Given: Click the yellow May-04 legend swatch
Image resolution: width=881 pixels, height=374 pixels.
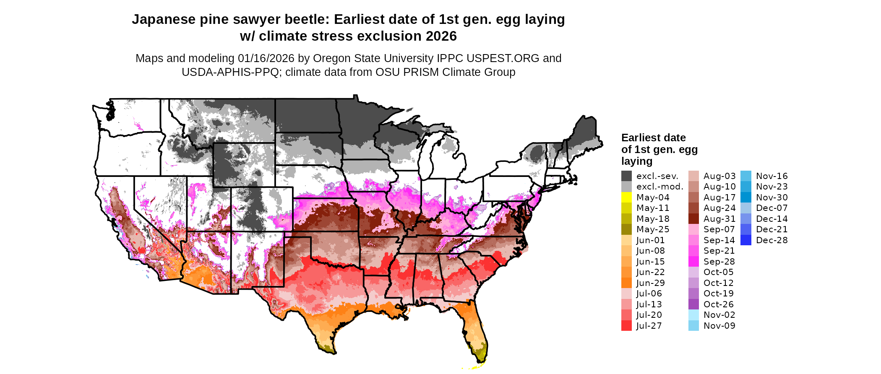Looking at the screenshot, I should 626,197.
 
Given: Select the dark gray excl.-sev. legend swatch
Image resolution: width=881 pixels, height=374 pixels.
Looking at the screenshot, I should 626,176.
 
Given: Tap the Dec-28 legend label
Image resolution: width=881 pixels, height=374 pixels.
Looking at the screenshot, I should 772,240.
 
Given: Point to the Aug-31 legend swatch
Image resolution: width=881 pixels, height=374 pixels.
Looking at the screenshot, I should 693,219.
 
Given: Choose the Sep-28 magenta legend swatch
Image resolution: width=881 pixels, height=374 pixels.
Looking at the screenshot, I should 693,262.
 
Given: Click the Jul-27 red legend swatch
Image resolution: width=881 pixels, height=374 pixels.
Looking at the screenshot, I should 626,326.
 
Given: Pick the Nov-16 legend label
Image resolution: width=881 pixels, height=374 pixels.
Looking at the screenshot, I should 772,176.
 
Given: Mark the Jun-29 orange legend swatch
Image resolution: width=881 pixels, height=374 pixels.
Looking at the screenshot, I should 626,283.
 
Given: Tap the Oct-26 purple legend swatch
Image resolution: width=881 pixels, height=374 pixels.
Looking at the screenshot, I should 693,304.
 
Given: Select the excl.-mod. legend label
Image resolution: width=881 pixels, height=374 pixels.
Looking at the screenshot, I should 659,187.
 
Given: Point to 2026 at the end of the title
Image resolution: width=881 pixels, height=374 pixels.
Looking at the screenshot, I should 441,36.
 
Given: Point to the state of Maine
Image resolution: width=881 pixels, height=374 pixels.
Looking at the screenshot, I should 586,134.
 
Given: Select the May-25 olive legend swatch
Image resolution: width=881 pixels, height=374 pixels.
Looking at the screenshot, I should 626,229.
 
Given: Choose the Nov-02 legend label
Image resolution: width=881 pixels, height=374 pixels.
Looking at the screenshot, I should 719,315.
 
